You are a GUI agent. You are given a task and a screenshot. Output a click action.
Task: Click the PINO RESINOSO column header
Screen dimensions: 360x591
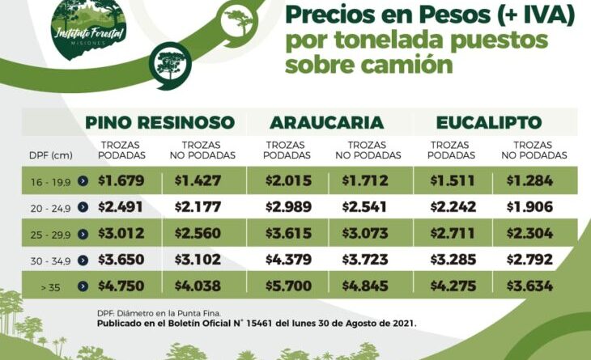click(160, 122)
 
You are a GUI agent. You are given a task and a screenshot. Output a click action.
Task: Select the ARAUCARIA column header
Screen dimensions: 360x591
click(326, 122)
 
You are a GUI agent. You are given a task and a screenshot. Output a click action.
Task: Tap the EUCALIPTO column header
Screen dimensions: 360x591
click(488, 122)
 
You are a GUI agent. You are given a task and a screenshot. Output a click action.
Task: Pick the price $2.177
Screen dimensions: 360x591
click(198, 206)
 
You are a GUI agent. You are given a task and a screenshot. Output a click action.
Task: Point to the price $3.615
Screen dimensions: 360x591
click(289, 233)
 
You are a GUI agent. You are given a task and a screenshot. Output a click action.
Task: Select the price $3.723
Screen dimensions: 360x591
click(366, 260)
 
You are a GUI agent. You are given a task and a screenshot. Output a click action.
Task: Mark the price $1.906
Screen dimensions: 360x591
click(530, 206)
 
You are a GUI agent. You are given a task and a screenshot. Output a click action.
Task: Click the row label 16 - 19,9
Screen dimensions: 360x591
click(48, 181)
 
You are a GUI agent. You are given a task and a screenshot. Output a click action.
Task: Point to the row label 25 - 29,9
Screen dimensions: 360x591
click(48, 235)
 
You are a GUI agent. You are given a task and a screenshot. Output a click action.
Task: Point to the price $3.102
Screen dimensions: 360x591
click(198, 260)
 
